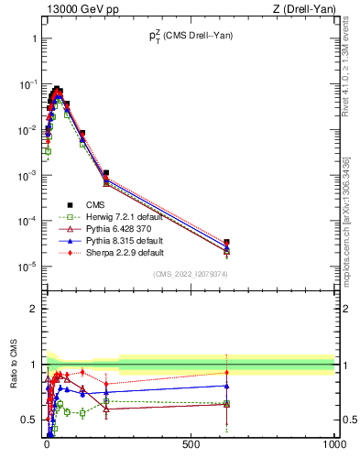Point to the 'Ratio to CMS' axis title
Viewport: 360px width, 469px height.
[x=14, y=382]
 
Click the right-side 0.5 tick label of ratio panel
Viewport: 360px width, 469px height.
[x=347, y=420]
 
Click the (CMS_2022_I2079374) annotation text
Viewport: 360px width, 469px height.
[x=190, y=273]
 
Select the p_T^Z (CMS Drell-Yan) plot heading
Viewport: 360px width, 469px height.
[x=190, y=38]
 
